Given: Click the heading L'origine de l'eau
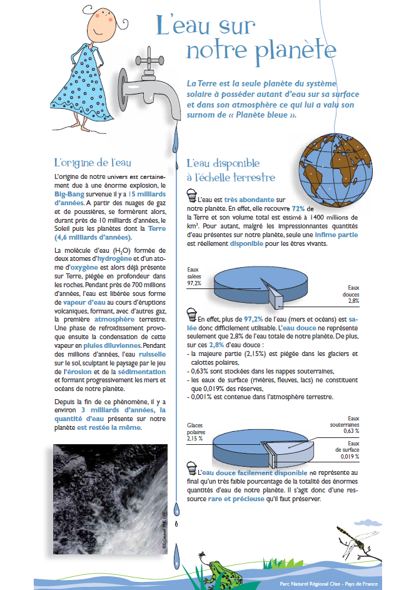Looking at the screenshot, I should pyautogui.click(x=93, y=163).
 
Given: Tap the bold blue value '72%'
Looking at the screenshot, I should pyautogui.click(x=298, y=208).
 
